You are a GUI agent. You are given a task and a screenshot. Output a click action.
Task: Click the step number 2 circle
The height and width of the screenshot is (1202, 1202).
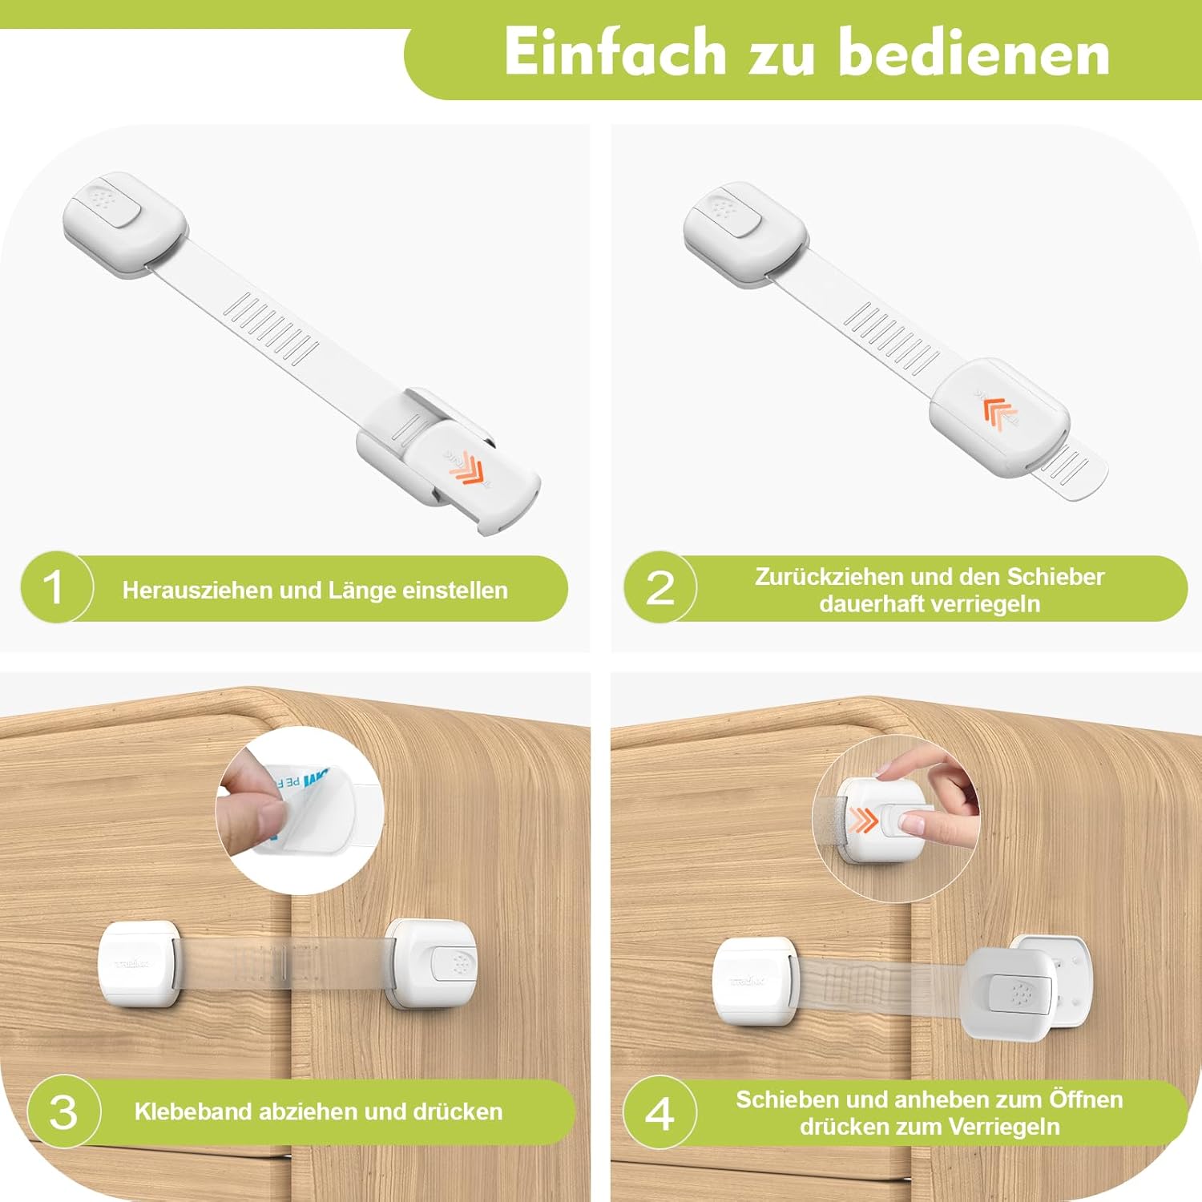660,587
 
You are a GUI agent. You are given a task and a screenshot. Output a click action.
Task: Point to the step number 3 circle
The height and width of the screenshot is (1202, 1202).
63,1111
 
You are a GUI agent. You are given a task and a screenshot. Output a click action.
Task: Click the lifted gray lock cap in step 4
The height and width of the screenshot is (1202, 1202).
1010,994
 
